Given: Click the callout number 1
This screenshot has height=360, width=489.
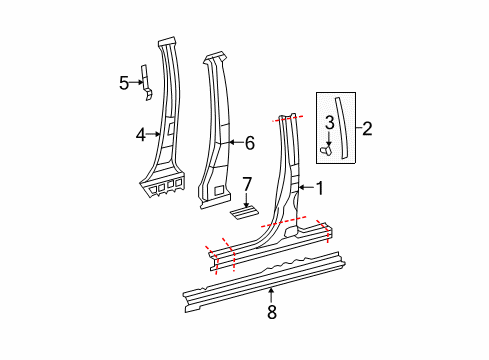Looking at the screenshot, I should (320, 186).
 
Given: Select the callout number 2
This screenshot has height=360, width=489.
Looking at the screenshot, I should (367, 128).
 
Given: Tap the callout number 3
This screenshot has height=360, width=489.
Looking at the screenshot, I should (327, 123).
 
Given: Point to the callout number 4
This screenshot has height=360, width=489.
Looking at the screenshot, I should (142, 132).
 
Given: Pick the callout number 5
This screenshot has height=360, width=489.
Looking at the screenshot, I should (124, 83).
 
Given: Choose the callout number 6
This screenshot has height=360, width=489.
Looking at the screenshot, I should (250, 144).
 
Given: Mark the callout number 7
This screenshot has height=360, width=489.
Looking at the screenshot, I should (247, 185).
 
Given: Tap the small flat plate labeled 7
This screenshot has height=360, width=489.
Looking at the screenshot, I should (244, 211).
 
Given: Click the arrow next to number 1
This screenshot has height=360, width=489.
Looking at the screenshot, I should (306, 186).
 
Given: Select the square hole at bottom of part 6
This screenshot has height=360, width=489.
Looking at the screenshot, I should (218, 189).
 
